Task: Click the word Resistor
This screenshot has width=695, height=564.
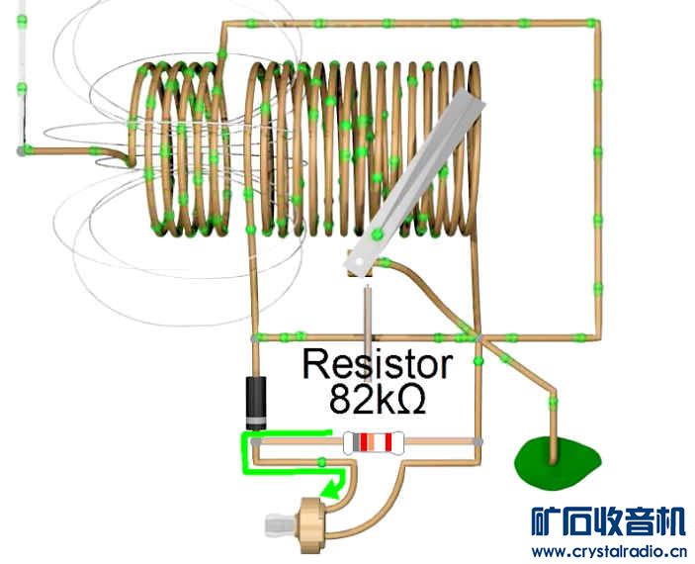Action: [377, 363]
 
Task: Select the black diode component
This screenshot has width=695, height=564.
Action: [256, 400]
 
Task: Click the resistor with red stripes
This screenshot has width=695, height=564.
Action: [375, 442]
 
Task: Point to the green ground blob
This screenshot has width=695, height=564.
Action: [557, 462]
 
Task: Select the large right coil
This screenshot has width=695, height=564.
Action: [361, 148]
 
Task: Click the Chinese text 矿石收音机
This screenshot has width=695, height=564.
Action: [607, 521]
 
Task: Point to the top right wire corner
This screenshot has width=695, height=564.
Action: [596, 22]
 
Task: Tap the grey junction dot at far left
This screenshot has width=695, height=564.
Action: [22, 151]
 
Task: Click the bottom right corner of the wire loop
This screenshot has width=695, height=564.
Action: [596, 336]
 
